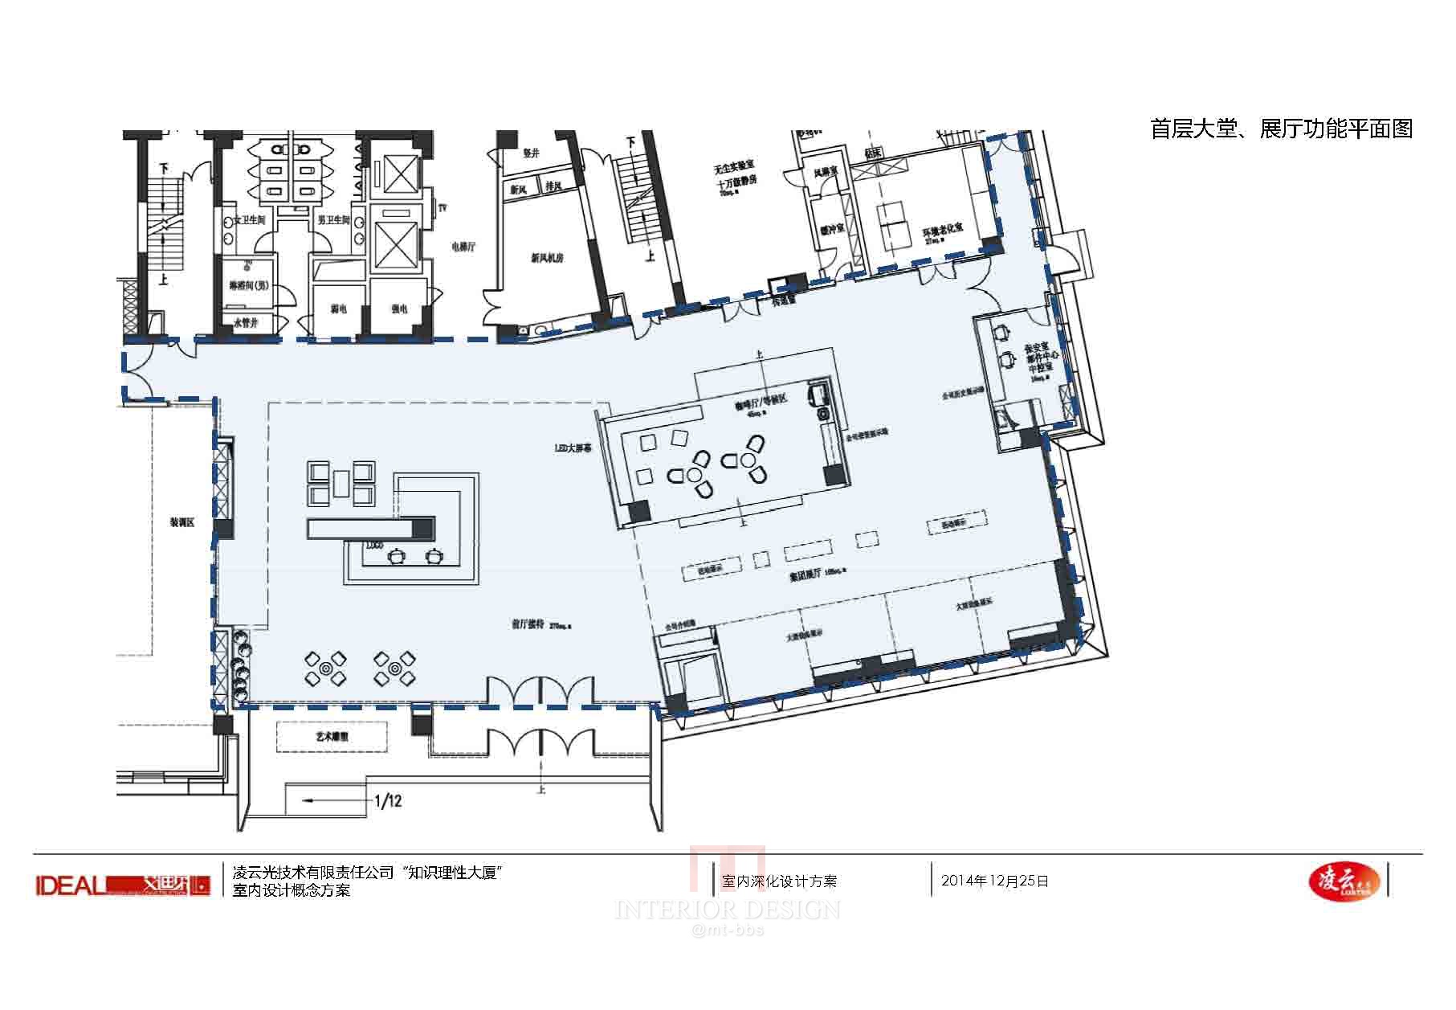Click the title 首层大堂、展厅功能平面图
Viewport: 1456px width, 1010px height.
(x=1281, y=129)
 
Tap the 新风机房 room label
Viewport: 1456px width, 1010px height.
(x=547, y=259)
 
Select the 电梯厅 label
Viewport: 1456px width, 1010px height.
(x=463, y=247)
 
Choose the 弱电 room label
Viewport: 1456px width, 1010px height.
(x=339, y=309)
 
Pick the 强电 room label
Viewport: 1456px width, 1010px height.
(x=399, y=309)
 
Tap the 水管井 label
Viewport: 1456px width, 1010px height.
(x=245, y=323)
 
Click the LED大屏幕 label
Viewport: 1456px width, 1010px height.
(x=573, y=449)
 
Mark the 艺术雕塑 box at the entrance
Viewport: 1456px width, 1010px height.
(x=332, y=735)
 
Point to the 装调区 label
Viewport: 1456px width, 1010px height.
(x=181, y=523)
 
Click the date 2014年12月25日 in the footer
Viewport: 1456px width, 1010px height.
(x=995, y=881)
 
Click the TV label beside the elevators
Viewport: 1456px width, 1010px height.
(x=442, y=208)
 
